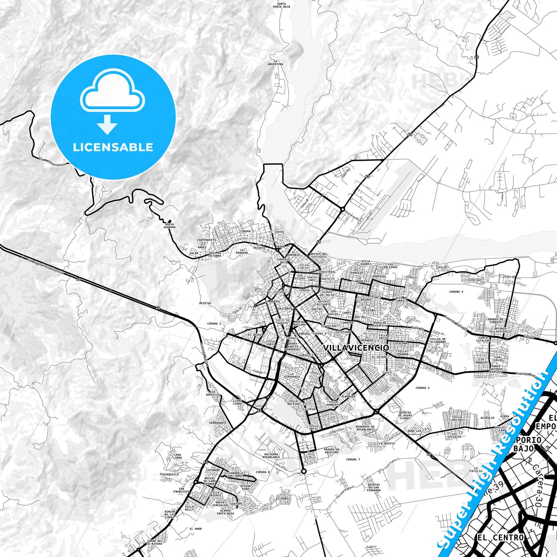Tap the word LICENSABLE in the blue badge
pos(113,147)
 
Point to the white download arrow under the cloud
pos(107,125)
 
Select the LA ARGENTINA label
pos(275,62)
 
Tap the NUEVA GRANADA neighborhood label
pos(170,225)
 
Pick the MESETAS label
pos(205,303)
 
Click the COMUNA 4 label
pos(456,292)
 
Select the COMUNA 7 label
pos(353,459)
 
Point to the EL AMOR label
pos(195,529)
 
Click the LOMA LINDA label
pos(177,456)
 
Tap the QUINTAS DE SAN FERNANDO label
pos(374,487)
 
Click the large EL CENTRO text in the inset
pos(500,537)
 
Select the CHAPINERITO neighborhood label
pos(207,240)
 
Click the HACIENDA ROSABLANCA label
pos(271,456)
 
